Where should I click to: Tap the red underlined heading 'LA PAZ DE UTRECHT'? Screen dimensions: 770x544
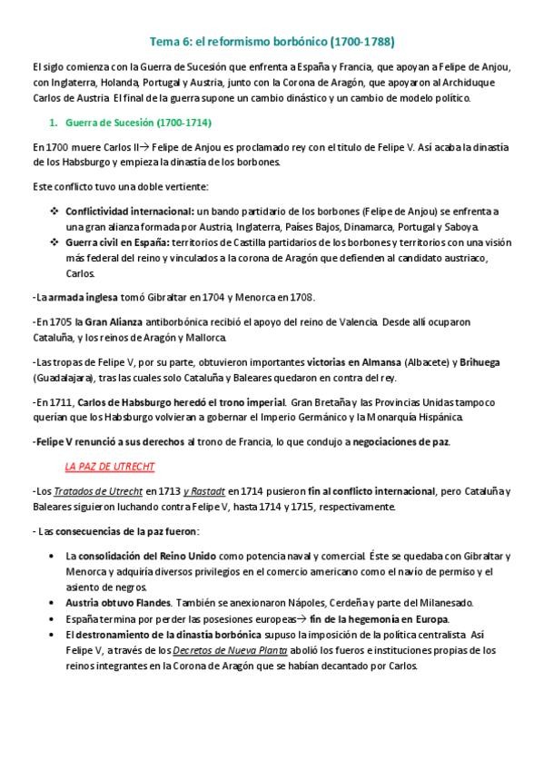coord(110,467)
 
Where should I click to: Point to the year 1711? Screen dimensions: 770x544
coord(59,402)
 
